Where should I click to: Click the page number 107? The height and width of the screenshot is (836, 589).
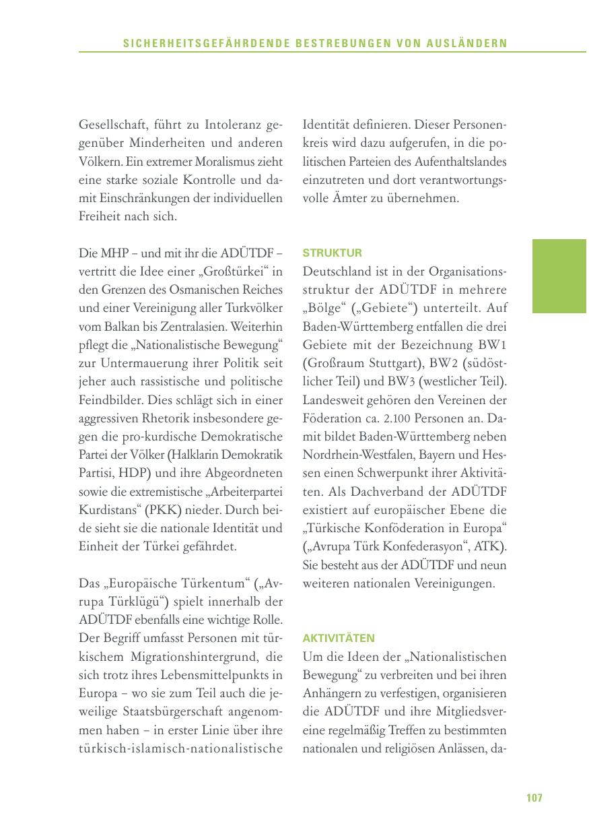(x=534, y=798)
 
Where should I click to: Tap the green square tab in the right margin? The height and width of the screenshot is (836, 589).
(x=560, y=276)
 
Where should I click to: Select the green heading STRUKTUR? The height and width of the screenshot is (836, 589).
(x=332, y=253)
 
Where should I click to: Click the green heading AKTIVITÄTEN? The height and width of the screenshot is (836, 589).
(x=339, y=638)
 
